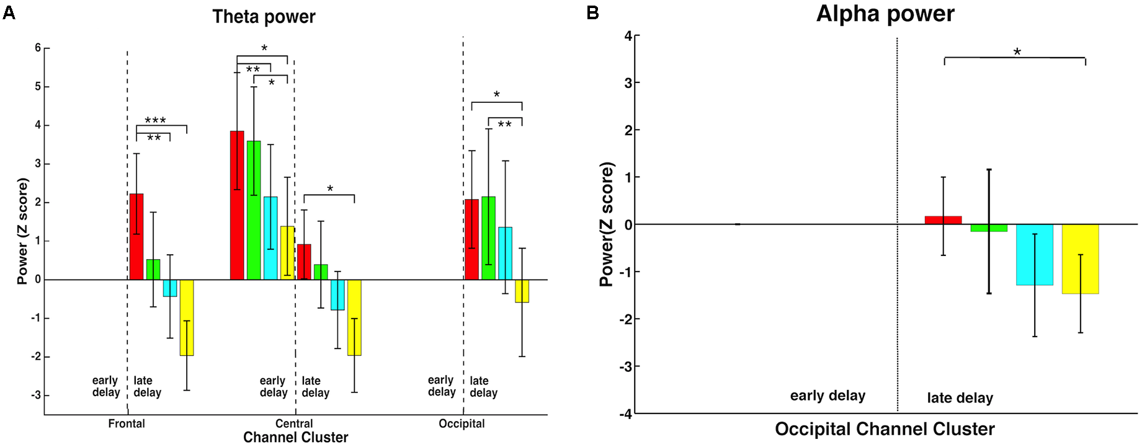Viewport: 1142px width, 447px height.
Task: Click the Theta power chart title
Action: coord(264,17)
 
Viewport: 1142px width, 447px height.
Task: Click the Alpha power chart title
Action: coord(885,14)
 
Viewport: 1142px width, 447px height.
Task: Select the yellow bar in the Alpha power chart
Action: coord(1080,259)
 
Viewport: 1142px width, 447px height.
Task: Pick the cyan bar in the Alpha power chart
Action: coord(1034,255)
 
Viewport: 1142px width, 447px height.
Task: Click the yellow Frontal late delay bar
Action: coord(187,317)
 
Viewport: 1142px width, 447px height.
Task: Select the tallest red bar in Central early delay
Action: coord(237,205)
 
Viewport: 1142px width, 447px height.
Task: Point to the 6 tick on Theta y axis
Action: coord(38,48)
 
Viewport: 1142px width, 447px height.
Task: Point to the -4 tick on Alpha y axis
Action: coord(627,414)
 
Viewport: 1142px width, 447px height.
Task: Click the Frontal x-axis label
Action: coord(127,423)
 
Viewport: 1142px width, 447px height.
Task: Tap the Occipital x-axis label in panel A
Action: coord(462,423)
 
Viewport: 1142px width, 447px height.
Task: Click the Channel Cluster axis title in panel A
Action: coord(295,438)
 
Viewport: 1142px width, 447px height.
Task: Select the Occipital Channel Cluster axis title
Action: coord(885,429)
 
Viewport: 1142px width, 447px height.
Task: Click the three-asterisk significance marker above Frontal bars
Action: coord(155,120)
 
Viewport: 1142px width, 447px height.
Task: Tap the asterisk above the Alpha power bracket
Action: coord(1017,52)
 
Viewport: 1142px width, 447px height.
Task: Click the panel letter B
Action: coord(592,12)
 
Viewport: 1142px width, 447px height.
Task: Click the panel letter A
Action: coord(9,12)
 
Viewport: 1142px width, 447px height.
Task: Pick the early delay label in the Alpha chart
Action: coord(828,396)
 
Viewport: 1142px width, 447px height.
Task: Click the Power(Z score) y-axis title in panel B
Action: coord(607,224)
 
